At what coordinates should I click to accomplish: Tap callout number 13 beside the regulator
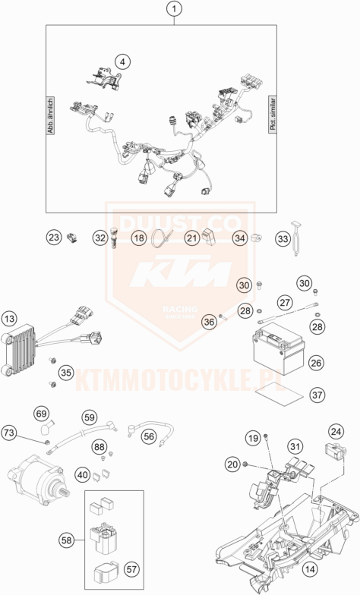(9, 318)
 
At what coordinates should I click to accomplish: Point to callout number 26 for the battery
(317, 362)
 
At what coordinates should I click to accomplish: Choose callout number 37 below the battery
(317, 395)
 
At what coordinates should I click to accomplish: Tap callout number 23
(52, 238)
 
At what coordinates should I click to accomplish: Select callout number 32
(100, 238)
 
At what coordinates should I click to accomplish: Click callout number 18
(138, 238)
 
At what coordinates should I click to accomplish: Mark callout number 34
(239, 238)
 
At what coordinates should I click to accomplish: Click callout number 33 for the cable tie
(283, 238)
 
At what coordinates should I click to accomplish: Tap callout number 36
(209, 321)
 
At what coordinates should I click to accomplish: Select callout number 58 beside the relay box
(68, 540)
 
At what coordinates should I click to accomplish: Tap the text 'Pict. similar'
(273, 115)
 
